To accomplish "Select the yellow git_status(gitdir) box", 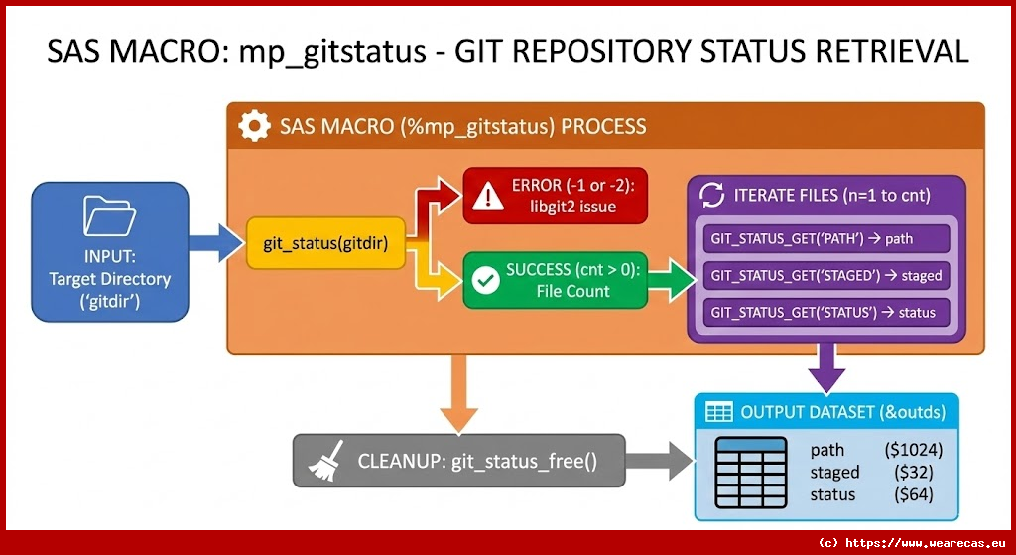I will click(x=325, y=243).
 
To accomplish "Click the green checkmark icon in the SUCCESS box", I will click(x=485, y=281).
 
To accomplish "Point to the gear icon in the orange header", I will click(x=255, y=127).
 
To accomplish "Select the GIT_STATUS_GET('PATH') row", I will click(x=826, y=239).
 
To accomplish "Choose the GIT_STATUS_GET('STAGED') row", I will click(x=826, y=275).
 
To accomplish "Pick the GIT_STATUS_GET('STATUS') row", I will click(x=826, y=312).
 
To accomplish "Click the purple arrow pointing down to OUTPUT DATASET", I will click(x=826, y=367).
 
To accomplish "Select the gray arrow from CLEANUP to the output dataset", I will click(x=662, y=461).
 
